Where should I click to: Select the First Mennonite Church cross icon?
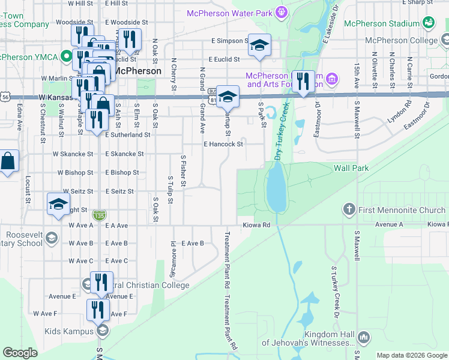(349, 209)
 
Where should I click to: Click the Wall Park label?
(351, 169)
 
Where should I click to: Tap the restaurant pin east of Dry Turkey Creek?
(303, 82)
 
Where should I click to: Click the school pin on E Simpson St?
(259, 45)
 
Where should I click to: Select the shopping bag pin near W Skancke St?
(8, 161)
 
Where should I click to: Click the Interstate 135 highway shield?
(98, 215)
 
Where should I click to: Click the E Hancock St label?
(223, 144)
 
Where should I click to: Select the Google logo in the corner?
(20, 353)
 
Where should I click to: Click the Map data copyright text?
(411, 355)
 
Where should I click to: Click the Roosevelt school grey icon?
(51, 238)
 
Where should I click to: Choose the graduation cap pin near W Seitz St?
(58, 204)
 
